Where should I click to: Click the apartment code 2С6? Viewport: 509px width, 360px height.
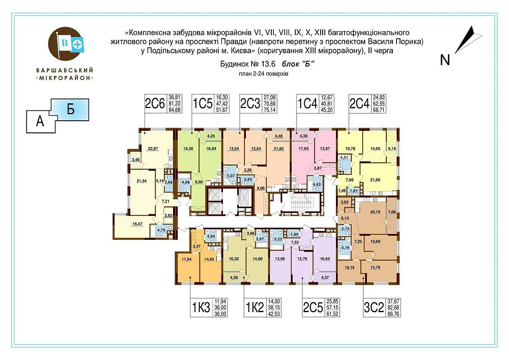pos(155,104)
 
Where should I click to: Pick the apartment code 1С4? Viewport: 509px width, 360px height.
pos(307,104)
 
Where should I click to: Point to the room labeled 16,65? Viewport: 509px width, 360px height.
pos(324,259)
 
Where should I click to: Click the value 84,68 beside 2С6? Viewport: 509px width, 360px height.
pos(175,109)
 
